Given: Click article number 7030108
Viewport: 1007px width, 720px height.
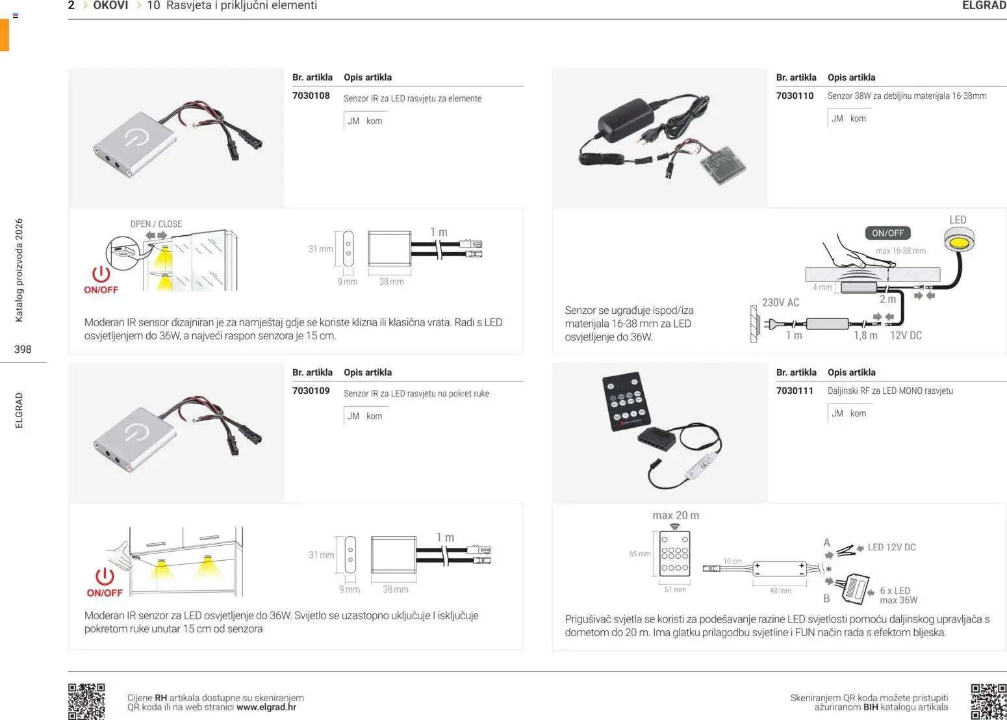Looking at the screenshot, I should pos(311,96).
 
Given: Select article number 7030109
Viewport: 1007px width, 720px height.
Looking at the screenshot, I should pos(311,391).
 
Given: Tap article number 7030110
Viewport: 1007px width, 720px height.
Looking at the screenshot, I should pos(795,96).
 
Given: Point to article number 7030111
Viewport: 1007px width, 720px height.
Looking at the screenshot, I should pos(795,391).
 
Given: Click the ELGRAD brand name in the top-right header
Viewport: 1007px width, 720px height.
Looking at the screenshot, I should pos(984,6).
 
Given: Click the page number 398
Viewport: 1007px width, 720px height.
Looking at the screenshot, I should pos(23,350).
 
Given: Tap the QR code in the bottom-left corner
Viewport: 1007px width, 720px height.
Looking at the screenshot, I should pos(86,701).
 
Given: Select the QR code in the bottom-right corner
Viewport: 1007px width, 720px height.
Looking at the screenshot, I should pos(988,701).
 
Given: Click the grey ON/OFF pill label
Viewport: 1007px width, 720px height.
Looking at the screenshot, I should pos(887,233).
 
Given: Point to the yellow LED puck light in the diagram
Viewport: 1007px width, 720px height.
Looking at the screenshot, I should pos(958,243).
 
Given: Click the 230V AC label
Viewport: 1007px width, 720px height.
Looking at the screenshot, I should pos(780,303).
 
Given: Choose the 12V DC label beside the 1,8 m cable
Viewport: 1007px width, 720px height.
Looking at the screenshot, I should pos(906,336).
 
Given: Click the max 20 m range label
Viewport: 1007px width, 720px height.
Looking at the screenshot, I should pos(676,515).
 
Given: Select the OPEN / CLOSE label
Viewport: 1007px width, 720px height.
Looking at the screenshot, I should pos(156,224).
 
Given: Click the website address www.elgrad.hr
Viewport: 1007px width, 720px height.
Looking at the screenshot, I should pos(266,708).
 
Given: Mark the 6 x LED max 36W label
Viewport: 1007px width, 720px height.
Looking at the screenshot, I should pos(898,595).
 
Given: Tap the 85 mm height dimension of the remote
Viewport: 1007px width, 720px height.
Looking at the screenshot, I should pos(639,554).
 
